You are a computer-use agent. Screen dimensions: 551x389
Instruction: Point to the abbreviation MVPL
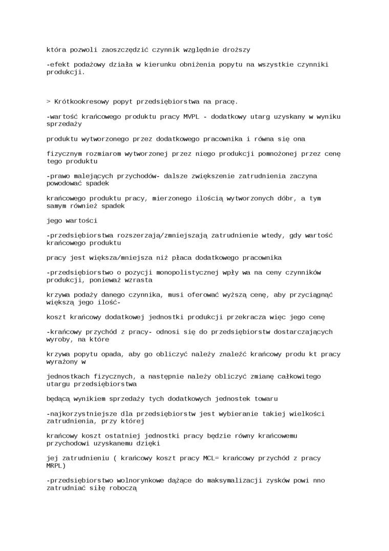(x=193, y=117)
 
